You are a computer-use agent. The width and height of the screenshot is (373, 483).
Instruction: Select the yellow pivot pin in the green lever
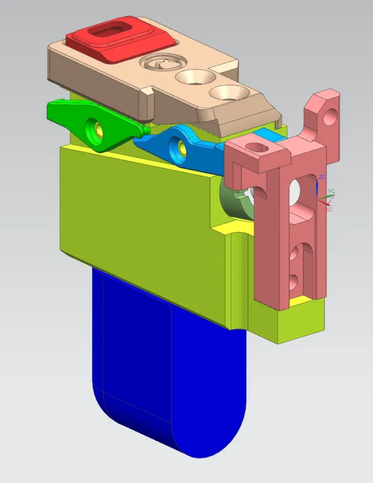pos(98,128)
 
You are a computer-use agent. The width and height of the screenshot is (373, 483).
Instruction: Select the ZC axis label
pos(321,177)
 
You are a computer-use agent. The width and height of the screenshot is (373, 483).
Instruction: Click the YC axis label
pos(331,192)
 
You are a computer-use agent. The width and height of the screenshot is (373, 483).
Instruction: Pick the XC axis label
pos(329,209)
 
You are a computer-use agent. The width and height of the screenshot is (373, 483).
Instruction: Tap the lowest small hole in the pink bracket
pos(293,281)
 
